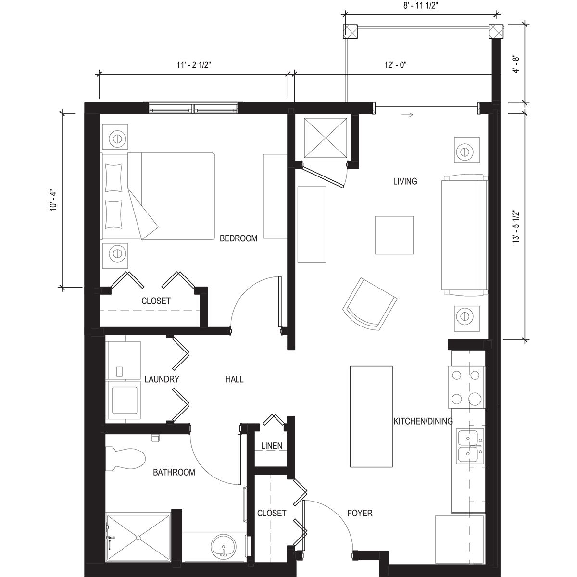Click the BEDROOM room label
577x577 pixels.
coord(238,238)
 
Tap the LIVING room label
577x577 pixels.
coord(405,181)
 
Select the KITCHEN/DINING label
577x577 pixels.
coord(423,422)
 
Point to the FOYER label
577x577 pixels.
coord(360,514)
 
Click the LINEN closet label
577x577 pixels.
coord(272,446)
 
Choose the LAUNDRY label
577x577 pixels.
coord(162,379)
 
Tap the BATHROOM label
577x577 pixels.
coord(174,472)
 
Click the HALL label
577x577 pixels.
coord(235,379)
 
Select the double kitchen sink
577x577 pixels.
coord(468,446)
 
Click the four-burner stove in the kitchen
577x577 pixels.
coord(466,387)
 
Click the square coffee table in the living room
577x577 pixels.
coord(394,235)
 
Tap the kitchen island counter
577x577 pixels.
coord(372,416)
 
